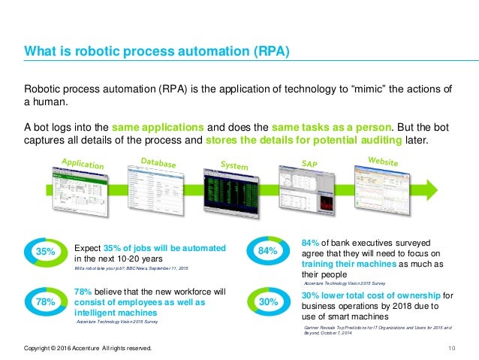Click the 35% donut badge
click(44, 253)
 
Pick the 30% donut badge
click(268, 301)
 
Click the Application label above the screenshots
click(83, 163)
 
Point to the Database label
click(158, 162)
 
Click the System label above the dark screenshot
click(234, 164)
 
